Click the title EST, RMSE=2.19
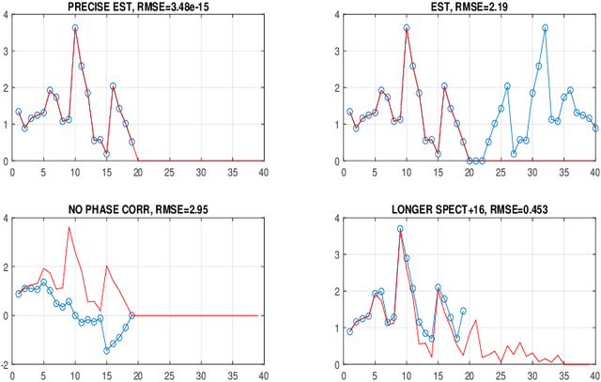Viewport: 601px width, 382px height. [470, 8]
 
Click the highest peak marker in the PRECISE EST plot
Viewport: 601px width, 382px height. [75, 28]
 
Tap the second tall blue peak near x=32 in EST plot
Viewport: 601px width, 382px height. [545, 28]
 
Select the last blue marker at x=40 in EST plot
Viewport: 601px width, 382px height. [595, 129]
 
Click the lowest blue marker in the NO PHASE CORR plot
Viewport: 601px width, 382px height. [107, 350]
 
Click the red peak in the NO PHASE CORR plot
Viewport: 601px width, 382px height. [69, 227]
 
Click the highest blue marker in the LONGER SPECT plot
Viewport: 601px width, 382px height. [400, 228]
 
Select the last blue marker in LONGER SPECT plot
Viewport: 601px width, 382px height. [463, 311]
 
